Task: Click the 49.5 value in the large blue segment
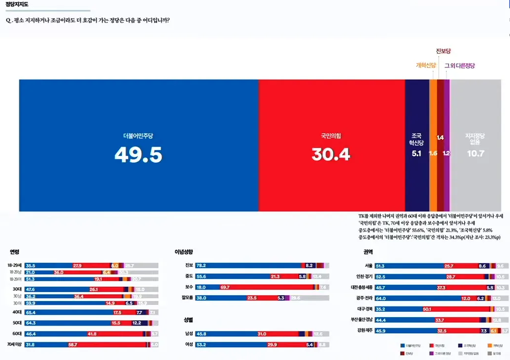tap(138, 154)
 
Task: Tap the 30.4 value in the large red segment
tap(331, 154)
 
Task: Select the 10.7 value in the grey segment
tap(475, 153)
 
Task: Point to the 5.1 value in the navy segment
tap(417, 153)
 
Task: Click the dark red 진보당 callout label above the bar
tap(443, 51)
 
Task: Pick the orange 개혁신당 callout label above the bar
tap(425, 65)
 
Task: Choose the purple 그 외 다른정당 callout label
tap(460, 65)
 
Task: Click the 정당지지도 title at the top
tap(17, 4)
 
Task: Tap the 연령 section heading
tap(14, 252)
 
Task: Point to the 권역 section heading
tap(368, 252)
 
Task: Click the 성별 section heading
tap(188, 320)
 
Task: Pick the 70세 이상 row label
tap(15, 344)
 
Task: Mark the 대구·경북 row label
tap(364, 309)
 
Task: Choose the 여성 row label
tap(189, 344)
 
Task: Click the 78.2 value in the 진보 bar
tap(200, 266)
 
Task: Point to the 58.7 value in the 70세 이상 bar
tap(73, 344)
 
